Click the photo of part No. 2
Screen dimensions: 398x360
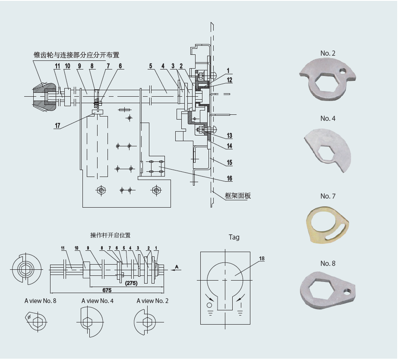328,79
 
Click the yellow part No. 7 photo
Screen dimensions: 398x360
328,225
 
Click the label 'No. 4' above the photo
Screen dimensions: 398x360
328,119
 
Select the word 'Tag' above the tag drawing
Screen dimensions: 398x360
234,237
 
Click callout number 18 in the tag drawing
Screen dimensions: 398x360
262,259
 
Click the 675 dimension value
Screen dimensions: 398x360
107,290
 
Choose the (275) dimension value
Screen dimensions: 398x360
131,283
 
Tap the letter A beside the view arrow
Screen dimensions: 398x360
177,267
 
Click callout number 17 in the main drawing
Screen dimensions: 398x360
57,126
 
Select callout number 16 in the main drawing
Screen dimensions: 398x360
230,178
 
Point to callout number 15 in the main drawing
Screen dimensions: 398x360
230,162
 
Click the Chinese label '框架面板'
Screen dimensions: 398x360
238,196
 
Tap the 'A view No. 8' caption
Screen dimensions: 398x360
40,301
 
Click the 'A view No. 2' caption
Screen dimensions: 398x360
152,301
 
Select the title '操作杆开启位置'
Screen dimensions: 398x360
111,235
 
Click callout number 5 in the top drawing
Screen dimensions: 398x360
151,66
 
